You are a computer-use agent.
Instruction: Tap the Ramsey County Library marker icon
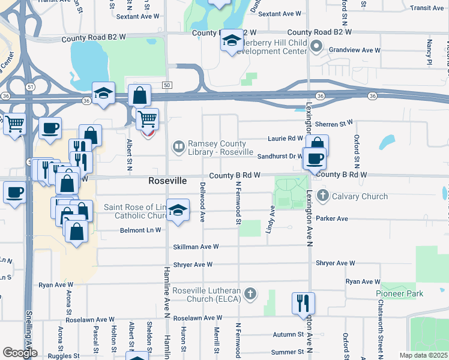[x=178, y=146]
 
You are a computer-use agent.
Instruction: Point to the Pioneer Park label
[x=400, y=293]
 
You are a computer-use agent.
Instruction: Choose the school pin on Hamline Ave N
[x=176, y=211]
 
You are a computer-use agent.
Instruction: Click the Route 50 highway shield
[x=167, y=85]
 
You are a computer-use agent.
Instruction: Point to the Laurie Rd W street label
[x=286, y=139]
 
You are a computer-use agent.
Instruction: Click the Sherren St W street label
[x=339, y=123]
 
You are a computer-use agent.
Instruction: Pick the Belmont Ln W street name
[x=141, y=230]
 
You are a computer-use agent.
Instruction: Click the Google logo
[x=19, y=353]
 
